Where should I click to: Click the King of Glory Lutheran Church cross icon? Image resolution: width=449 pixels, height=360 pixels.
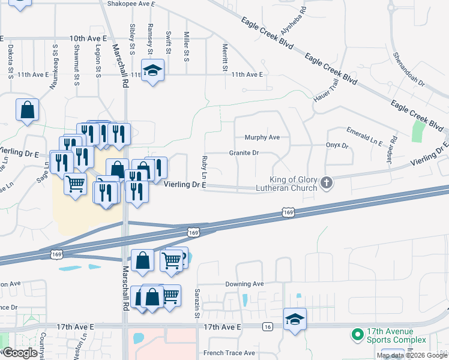pyautogui.click(x=327, y=182)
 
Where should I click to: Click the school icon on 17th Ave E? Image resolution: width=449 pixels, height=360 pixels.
pyautogui.click(x=295, y=318)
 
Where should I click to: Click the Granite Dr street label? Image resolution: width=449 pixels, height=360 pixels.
pyautogui.click(x=244, y=153)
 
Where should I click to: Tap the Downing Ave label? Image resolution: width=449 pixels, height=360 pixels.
pyautogui.click(x=244, y=284)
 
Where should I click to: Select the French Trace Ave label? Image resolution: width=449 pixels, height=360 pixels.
pyautogui.click(x=229, y=353)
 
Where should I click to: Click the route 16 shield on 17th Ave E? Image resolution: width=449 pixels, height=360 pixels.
pyautogui.click(x=267, y=326)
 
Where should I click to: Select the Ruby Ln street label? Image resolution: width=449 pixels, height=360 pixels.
pyautogui.click(x=205, y=166)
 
